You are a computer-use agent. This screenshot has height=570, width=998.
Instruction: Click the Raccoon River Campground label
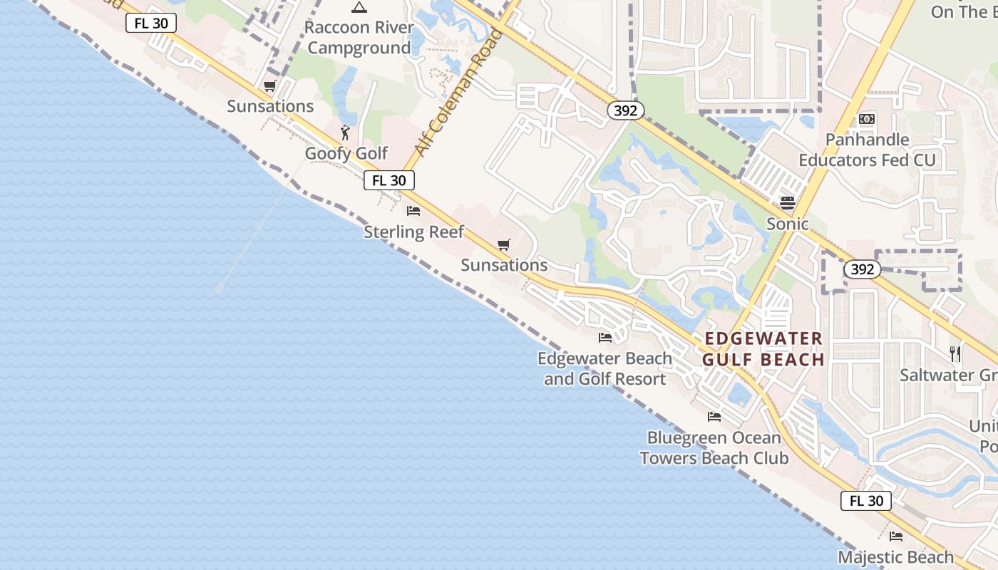coord(359,38)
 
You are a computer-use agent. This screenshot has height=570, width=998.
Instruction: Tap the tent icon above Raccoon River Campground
coord(359,8)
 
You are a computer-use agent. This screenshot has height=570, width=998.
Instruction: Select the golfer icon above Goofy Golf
coord(346,133)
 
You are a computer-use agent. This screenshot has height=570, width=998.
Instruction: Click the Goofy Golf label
coord(346,153)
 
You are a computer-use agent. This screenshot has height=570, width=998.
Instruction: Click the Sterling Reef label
coord(413,232)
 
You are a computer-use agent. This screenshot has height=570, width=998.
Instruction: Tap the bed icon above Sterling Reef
coord(413,210)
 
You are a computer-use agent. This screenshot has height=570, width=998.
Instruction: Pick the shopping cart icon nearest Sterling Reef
coord(504,244)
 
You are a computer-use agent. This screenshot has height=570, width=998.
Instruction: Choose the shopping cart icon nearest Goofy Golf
coord(269,86)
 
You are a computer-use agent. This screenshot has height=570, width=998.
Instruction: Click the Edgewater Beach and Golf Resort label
coord(605,368)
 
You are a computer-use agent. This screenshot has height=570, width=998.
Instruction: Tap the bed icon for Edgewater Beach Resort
coord(605,337)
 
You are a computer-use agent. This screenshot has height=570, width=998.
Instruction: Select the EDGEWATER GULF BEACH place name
coord(763,348)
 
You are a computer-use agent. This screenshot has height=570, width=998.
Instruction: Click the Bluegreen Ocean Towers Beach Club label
coord(714,447)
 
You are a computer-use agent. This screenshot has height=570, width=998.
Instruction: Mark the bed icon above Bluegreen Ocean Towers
coord(714,417)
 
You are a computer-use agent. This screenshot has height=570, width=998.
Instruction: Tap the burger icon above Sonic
coord(787,203)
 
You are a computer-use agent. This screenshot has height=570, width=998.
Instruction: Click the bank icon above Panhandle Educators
coord(867,119)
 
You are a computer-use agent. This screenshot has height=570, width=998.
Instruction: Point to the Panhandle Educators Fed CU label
coord(867,150)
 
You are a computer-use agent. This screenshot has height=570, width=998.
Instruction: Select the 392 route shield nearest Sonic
coord(862,269)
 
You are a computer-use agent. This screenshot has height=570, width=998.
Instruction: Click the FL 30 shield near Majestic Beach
coord(866,501)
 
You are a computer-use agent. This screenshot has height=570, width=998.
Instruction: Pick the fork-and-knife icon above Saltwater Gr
coord(955,353)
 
